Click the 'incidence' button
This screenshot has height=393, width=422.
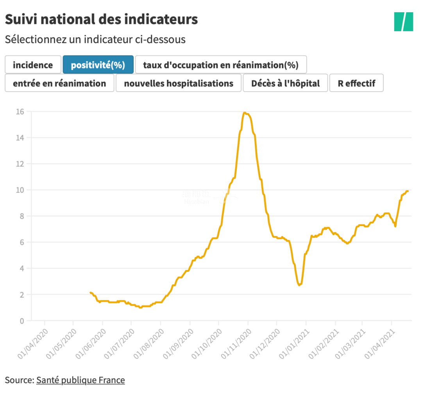point(33,65)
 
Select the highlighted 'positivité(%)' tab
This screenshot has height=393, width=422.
point(98,65)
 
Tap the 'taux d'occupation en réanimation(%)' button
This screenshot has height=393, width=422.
point(221,65)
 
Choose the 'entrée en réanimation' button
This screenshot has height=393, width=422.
point(59,83)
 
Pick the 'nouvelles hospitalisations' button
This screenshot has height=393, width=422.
point(179,83)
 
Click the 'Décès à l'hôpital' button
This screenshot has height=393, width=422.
point(285,83)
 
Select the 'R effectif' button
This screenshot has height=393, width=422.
point(356,83)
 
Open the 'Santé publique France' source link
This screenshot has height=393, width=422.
point(80,380)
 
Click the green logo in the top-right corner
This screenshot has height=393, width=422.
point(404,22)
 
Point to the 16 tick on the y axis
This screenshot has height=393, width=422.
point(20,112)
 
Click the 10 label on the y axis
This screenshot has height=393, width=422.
point(20,190)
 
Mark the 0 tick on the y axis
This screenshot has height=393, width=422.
point(22,321)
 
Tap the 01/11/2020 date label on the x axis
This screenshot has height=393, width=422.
point(236,343)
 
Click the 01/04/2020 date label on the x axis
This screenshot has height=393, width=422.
point(33,343)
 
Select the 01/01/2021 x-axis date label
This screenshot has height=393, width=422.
point(294,343)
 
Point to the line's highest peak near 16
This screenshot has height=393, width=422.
point(245,113)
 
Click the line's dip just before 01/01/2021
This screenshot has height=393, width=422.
point(299,285)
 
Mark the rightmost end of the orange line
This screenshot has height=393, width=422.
point(408,191)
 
